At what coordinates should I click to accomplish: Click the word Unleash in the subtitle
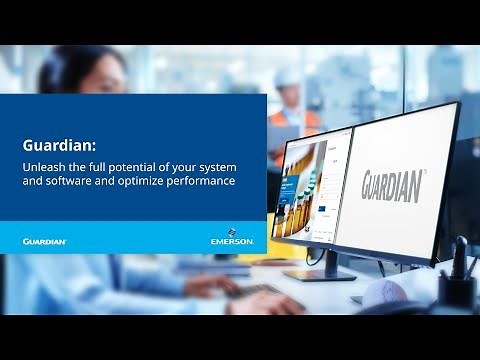pos(42,166)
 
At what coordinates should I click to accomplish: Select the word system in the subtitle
pos(234,166)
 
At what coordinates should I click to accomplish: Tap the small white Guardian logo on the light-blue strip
pos(45,241)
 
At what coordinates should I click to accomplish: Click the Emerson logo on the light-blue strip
pos(232,240)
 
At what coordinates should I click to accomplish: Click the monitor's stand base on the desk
pos(320,273)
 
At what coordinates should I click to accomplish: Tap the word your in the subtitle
pos(201,166)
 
